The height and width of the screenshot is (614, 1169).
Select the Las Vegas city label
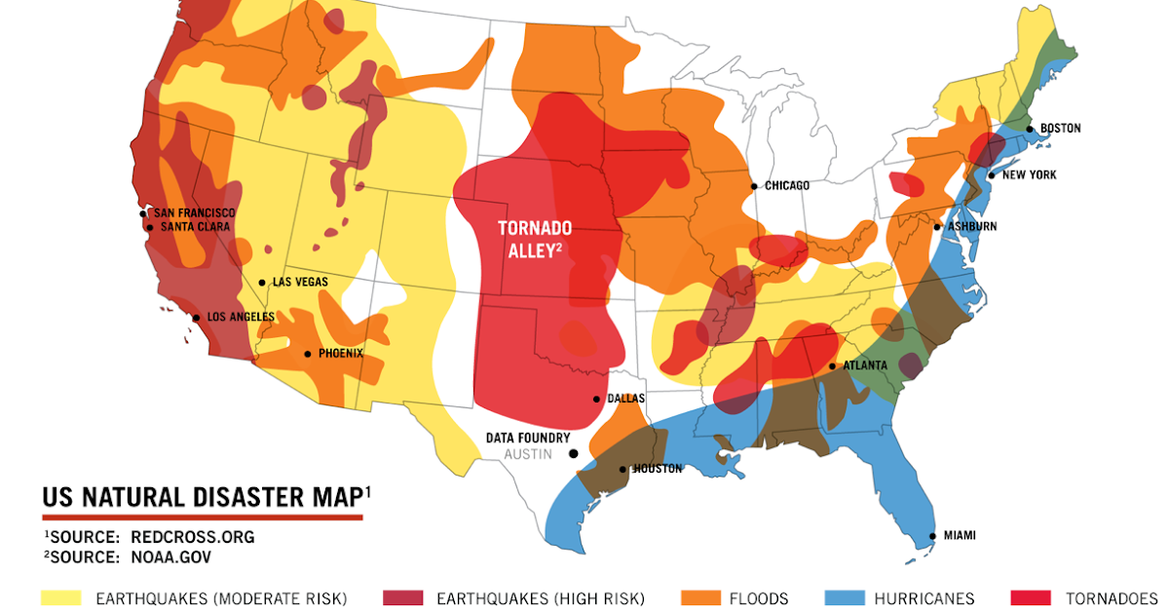[300, 282]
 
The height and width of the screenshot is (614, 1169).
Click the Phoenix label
[340, 354]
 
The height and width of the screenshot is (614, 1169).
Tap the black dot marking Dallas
[597, 399]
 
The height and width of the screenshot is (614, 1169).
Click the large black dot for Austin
[574, 453]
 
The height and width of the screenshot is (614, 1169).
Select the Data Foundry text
[527, 439]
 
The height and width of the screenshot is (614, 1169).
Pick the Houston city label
[658, 469]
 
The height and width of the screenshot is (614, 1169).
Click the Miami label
[959, 535]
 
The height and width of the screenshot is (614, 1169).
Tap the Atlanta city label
[865, 365]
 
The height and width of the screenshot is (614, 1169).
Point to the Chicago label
[787, 185]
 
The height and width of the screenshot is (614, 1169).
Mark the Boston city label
[1060, 128]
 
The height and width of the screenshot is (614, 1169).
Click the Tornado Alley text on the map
[535, 238]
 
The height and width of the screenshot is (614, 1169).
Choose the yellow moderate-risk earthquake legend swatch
[61, 598]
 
